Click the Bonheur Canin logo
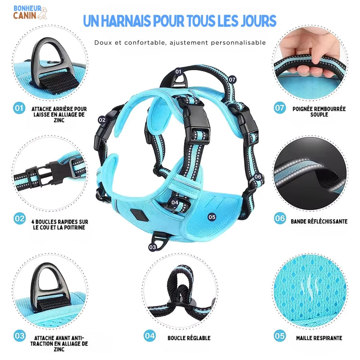[30, 13]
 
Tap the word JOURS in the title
[258, 21]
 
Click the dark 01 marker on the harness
[178, 72]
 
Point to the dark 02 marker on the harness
[102, 120]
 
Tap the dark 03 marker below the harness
[153, 247]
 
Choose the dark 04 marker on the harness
[175, 202]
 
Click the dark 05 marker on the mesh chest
[212, 217]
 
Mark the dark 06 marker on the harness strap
[258, 176]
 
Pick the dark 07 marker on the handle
[232, 80]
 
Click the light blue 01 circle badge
[19, 108]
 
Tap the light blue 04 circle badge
[150, 336]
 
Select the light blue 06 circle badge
[280, 218]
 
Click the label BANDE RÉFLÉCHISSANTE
[319, 221]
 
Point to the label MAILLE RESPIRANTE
[319, 338]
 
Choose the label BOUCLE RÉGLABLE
[189, 338]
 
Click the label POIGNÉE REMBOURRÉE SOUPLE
[319, 112]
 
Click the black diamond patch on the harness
[139, 215]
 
